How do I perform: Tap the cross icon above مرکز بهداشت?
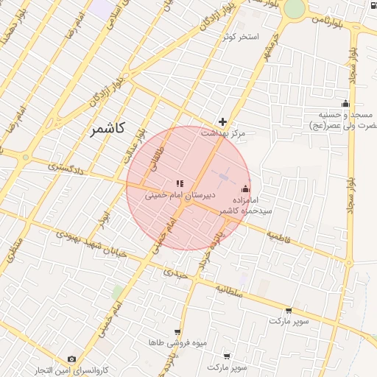[223, 121]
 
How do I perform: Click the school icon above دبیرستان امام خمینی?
[179, 183]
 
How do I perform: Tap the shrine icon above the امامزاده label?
[245, 188]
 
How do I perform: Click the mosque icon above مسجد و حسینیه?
[345, 103]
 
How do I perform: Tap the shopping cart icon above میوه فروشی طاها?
[177, 332]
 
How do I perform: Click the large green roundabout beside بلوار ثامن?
[294, 8]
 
